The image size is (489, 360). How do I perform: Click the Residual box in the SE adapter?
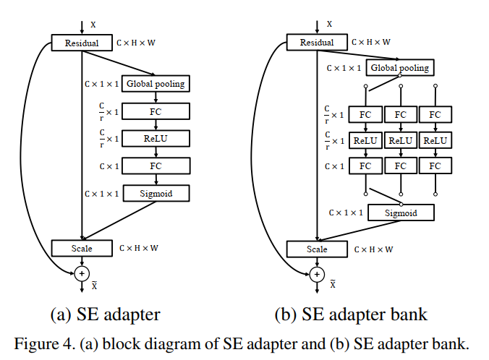pos(82,43)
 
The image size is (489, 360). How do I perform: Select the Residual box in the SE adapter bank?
pos(317,43)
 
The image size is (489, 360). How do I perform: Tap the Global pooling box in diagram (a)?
pos(156,84)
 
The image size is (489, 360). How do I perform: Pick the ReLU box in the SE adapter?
pos(156,138)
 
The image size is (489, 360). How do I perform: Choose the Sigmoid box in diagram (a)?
pos(156,194)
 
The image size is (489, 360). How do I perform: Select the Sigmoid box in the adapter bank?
pos(401,213)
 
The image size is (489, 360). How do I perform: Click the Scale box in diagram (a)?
pos(82,248)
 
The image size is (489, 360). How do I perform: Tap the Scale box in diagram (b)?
pos(317,249)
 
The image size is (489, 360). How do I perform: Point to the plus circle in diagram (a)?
pos(82,273)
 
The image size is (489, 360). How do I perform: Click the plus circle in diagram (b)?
pos(317,274)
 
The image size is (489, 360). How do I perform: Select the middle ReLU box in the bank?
pos(401,140)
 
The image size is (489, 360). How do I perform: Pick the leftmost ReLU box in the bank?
pos(365,140)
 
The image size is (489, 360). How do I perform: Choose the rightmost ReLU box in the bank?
pos(435,140)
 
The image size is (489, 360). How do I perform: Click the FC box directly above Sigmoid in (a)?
pos(156,166)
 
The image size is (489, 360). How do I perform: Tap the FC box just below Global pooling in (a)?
pos(156,111)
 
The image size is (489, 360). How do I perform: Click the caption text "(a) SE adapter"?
pos(104,314)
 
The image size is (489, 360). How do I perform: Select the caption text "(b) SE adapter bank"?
pos(351,314)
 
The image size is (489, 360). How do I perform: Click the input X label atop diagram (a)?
pos(93,25)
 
